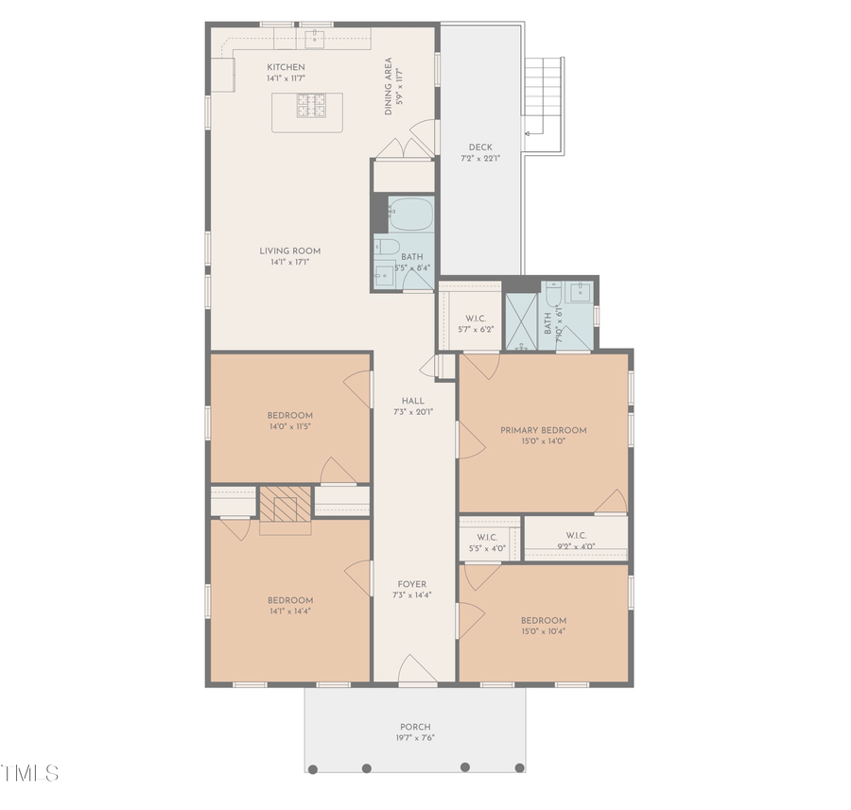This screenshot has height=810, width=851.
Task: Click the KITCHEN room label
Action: click(286, 67)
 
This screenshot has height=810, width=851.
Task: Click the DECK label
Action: click(479, 147)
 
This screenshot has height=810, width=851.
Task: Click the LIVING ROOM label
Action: click(290, 251)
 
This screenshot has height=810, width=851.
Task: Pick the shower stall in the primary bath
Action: click(521, 323)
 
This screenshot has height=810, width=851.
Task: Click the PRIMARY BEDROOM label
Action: click(543, 430)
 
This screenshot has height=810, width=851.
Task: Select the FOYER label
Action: click(411, 584)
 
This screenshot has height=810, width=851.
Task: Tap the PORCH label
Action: click(414, 727)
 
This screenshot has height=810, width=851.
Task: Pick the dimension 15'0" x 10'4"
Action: click(543, 632)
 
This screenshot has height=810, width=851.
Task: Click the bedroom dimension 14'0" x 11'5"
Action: click(289, 427)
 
